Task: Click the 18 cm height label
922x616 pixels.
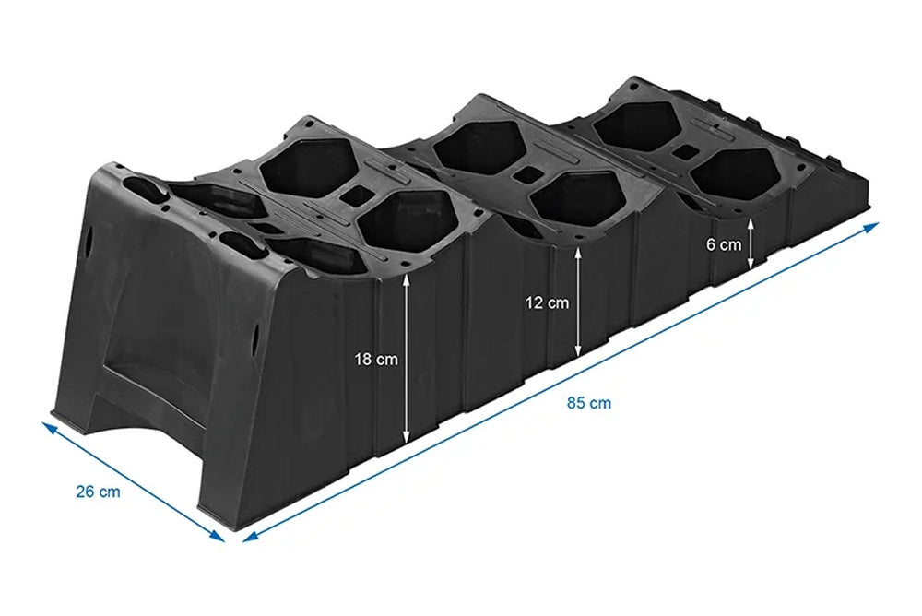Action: (x=376, y=360)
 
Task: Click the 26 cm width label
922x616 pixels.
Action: (x=98, y=492)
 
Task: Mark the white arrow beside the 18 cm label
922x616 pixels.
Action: (x=406, y=360)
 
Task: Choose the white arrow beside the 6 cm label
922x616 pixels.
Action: (x=751, y=244)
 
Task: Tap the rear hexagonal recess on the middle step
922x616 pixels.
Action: (x=476, y=145)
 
